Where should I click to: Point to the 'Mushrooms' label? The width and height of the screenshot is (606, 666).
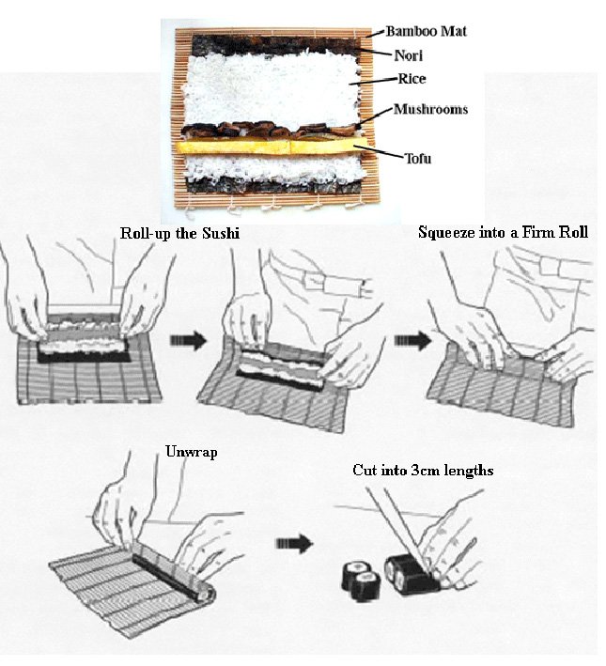pos(430,109)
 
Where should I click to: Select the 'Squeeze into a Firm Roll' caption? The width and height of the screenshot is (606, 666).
pos(503,232)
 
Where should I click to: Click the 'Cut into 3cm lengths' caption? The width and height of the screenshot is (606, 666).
pos(423,470)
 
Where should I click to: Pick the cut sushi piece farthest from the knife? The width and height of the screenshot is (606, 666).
pos(356,575)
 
